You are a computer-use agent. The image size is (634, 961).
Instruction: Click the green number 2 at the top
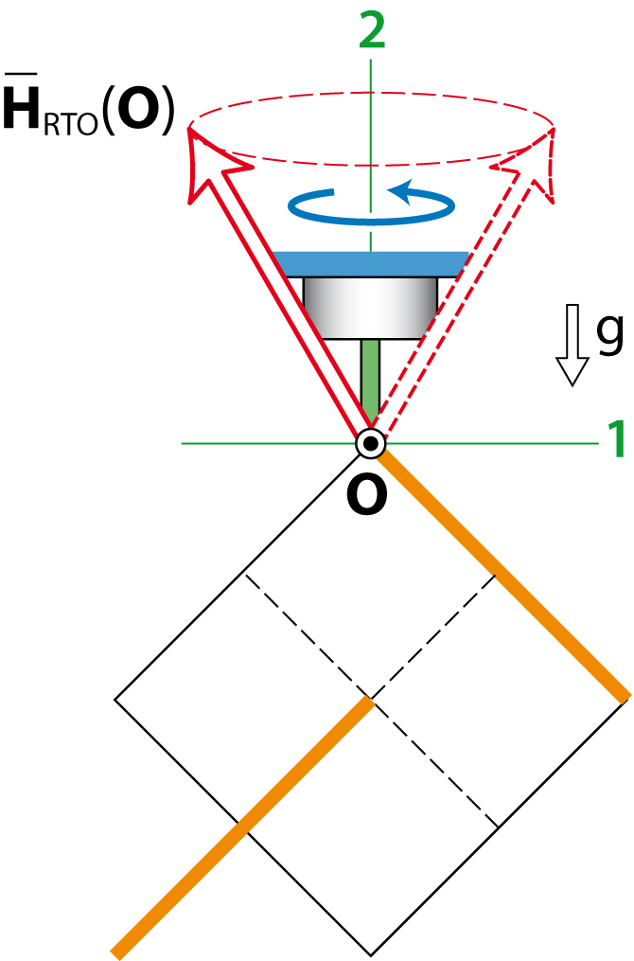[372, 32]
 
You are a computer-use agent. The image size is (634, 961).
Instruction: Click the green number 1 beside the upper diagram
[616, 440]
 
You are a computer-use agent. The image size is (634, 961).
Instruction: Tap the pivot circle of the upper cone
[370, 443]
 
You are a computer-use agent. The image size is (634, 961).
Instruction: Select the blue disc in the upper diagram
[370, 263]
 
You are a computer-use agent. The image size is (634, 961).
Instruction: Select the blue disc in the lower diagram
[416, 726]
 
